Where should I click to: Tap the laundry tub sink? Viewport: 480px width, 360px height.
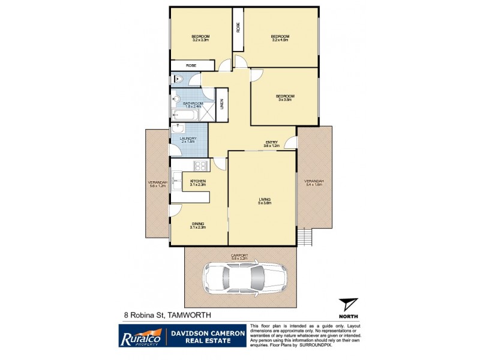(x=179, y=128)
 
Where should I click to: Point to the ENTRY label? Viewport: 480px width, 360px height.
(x=272, y=142)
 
